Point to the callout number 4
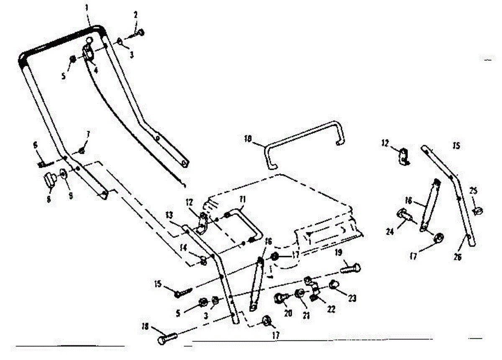pos(96,70)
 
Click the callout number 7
pos(88,134)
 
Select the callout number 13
pos(169,215)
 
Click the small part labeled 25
pos(478,211)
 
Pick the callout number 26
pos(457,257)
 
